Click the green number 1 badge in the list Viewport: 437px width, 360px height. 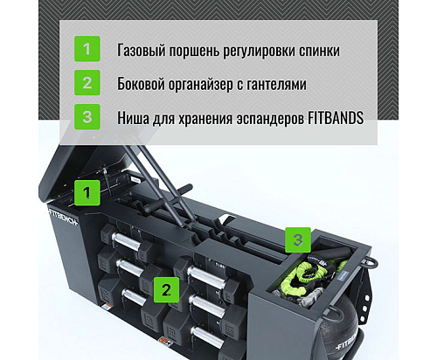pos(86,49)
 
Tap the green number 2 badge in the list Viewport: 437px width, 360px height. pos(86,83)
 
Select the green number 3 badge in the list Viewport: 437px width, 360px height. pos(86,117)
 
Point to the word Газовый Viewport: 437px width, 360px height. pos(144,49)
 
